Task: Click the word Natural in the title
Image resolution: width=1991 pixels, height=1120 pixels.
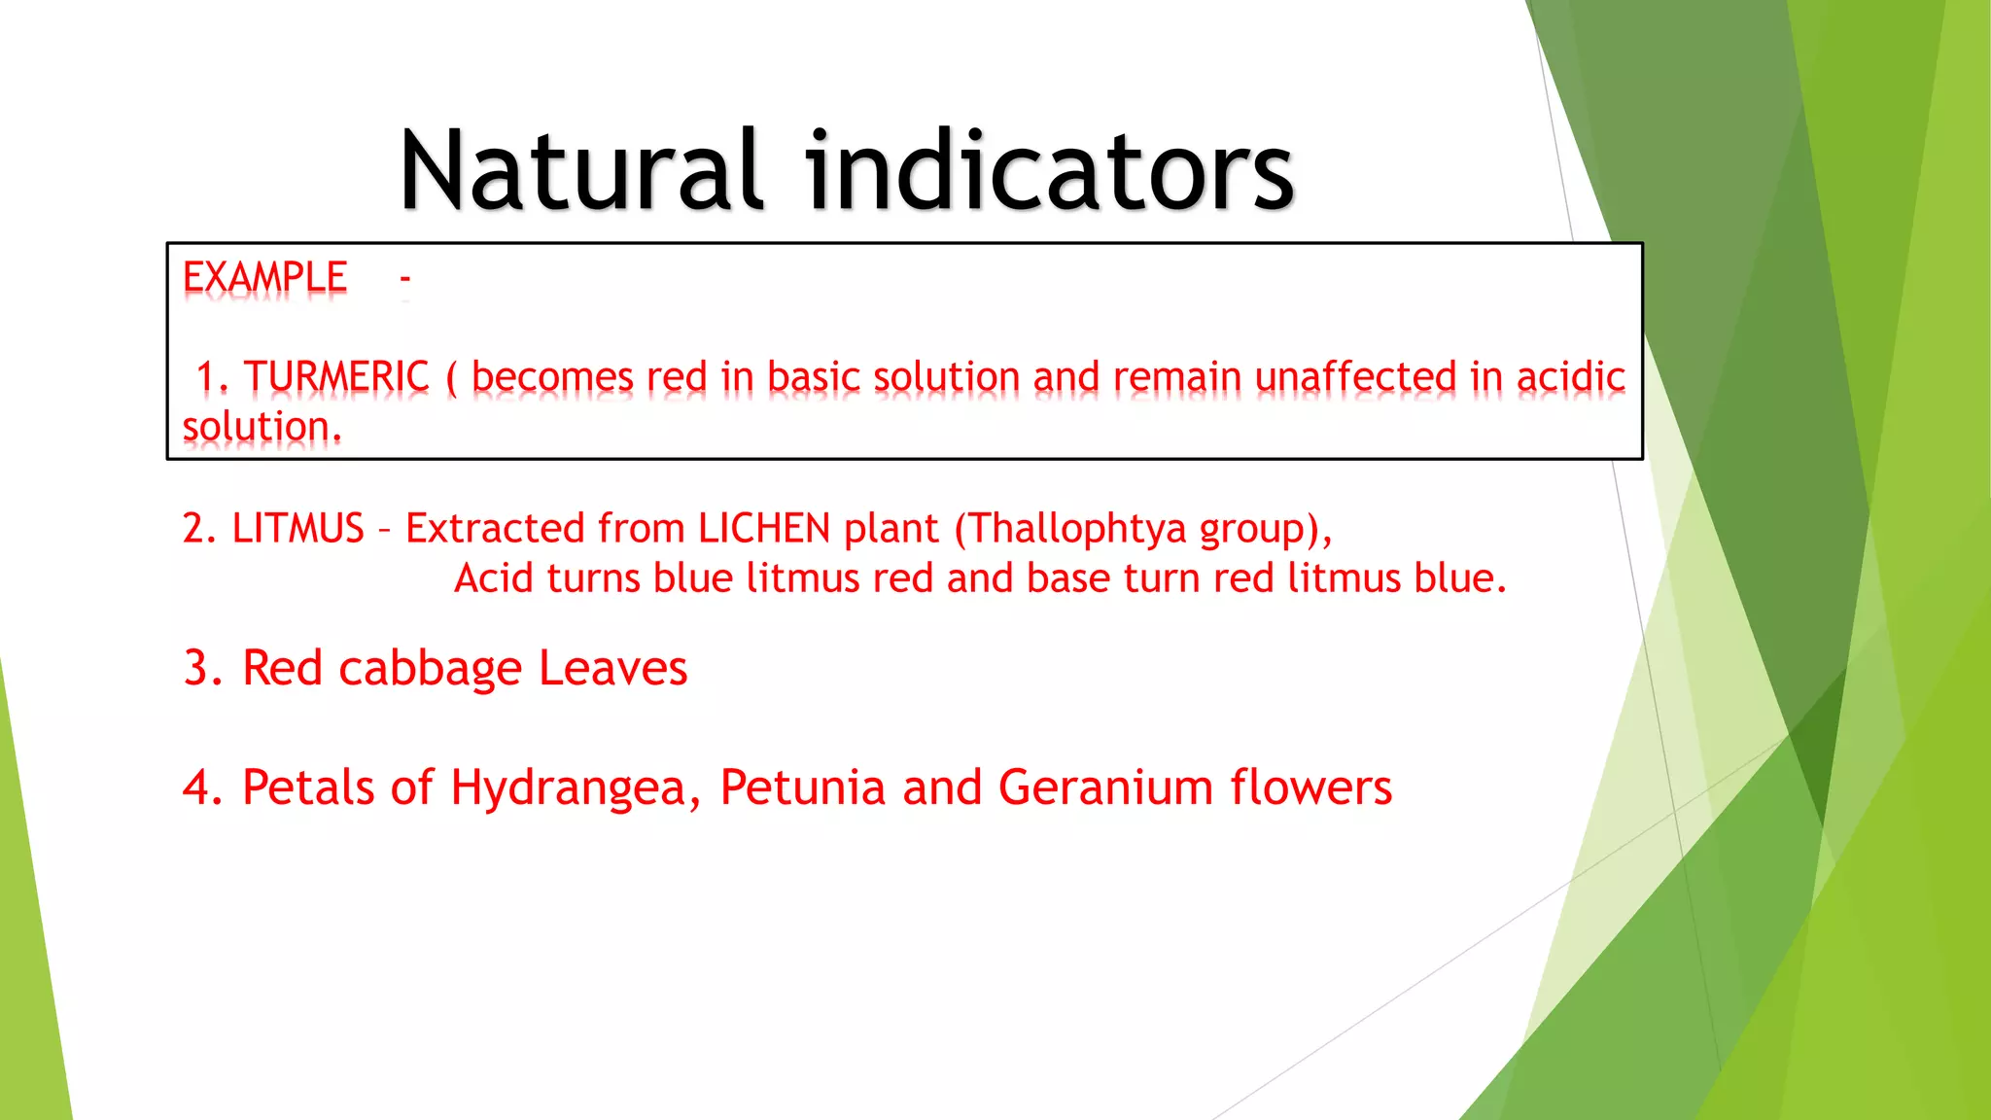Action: tap(580, 171)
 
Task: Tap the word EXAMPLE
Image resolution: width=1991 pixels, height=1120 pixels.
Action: tap(264, 278)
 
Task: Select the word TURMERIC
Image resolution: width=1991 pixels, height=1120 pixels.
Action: tap(336, 377)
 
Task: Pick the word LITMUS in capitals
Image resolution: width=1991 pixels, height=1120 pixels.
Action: tap(297, 529)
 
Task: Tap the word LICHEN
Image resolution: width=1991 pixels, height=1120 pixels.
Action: tap(764, 529)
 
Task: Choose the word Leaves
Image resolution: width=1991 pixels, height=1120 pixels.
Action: tap(612, 669)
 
